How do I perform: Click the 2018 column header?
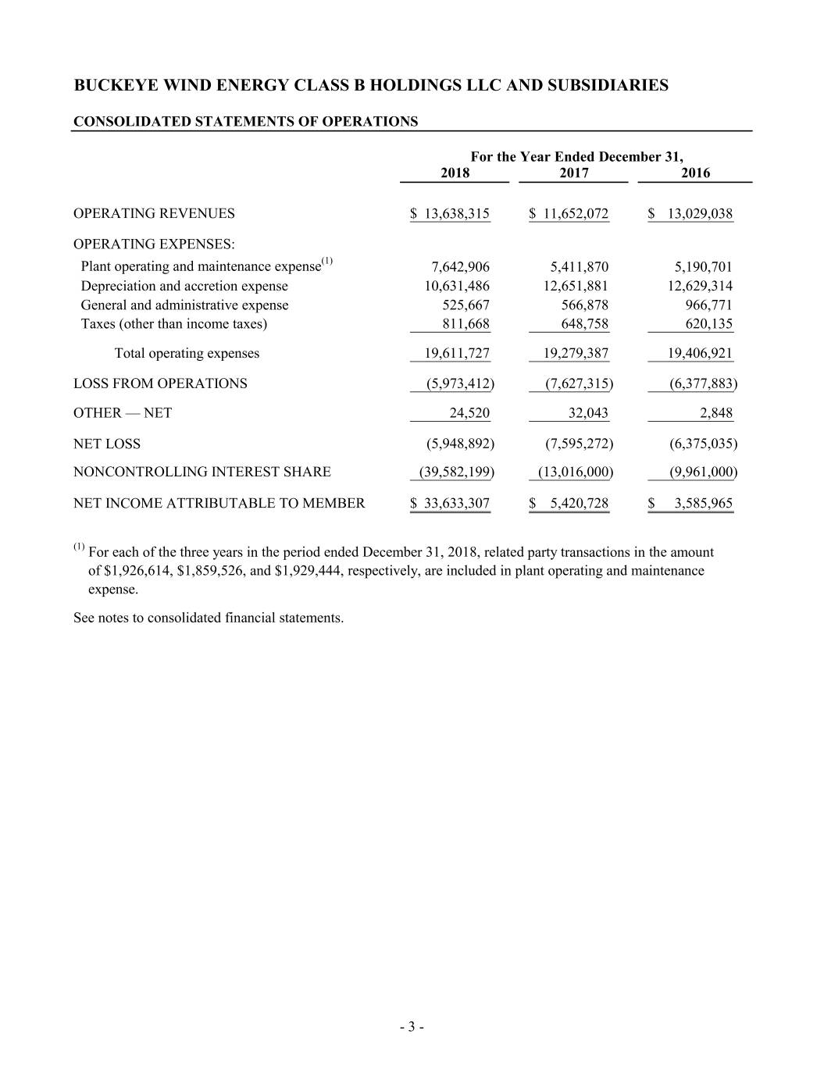coord(455,173)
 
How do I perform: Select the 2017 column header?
coord(574,173)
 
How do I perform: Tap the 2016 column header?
coord(695,173)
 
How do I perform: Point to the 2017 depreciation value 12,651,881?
coord(576,286)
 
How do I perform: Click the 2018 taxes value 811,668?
coord(466,324)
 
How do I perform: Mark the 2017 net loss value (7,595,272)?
coord(579,444)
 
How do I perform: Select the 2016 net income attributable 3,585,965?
coord(703,503)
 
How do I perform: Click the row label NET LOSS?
coord(107,444)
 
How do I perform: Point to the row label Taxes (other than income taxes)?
coord(173,324)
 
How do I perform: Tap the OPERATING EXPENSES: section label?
coord(154,243)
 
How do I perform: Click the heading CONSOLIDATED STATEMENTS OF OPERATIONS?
coord(245,121)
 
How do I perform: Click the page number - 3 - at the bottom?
coord(412,1027)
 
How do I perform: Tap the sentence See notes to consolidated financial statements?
coord(209,618)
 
